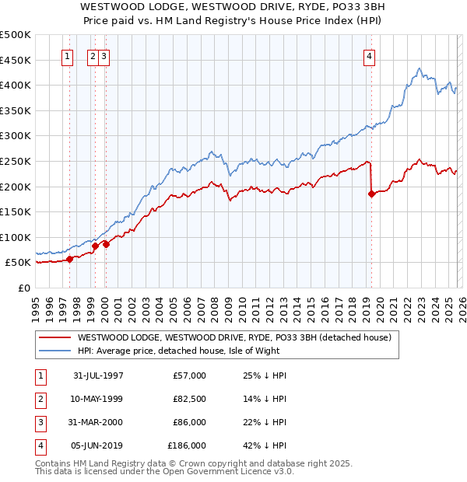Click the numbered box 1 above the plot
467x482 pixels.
tap(67, 56)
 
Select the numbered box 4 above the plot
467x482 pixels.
tap(369, 56)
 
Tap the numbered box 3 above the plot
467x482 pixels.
tap(104, 56)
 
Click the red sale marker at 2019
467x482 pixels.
tap(371, 194)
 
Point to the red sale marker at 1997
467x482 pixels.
tap(70, 259)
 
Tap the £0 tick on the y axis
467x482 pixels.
tap(23, 288)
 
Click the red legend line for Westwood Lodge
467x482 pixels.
tap(54, 337)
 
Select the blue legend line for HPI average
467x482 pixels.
tap(54, 351)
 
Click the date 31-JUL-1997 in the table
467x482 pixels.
tap(98, 375)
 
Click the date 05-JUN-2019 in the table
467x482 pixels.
tap(98, 445)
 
